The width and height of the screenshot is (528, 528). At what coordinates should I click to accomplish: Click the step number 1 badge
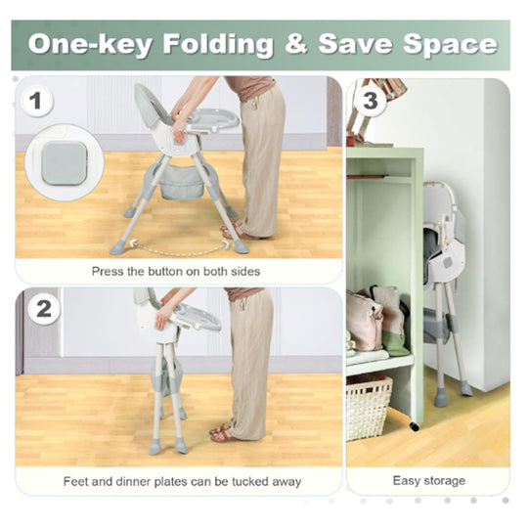(x=36, y=101)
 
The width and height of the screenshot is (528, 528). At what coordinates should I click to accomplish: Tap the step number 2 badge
(x=44, y=309)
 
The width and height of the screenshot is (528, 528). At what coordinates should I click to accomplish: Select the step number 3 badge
(x=371, y=101)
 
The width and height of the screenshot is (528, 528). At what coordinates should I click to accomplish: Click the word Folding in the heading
(x=218, y=44)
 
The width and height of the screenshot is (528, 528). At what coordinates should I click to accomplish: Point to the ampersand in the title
(x=296, y=43)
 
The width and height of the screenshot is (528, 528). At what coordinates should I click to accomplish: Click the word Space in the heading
(x=451, y=45)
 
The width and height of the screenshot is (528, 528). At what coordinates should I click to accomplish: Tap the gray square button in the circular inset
(x=65, y=163)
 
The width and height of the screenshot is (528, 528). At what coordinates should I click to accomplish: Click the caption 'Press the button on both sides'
(x=176, y=272)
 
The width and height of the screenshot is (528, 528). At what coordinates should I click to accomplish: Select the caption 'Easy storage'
(x=429, y=480)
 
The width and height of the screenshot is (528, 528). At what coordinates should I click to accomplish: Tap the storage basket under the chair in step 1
(x=182, y=183)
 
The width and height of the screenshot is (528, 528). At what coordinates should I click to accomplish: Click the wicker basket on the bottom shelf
(x=369, y=407)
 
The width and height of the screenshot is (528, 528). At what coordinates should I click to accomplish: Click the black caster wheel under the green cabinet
(x=415, y=426)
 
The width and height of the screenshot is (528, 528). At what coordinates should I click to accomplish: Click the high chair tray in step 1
(x=213, y=118)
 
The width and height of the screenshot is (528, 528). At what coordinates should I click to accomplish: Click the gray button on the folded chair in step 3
(x=448, y=262)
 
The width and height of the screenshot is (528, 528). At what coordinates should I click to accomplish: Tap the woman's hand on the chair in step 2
(x=162, y=319)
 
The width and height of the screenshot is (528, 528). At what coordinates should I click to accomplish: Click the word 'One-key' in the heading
(x=90, y=45)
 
